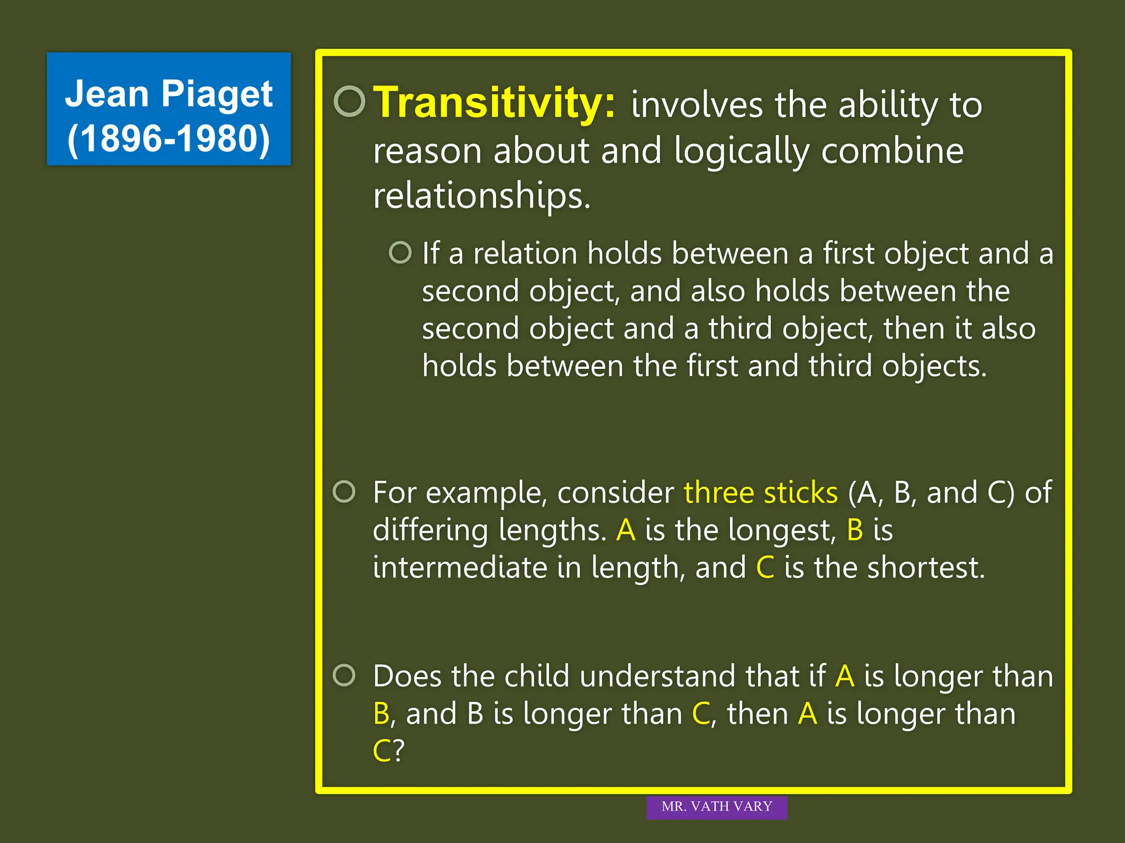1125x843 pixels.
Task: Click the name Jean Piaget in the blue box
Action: tap(169, 94)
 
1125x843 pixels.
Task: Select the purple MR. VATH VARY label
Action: tap(716, 807)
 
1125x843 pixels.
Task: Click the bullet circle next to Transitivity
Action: tap(349, 102)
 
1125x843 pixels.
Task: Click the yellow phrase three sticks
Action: tap(761, 492)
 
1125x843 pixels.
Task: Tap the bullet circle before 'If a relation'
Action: tap(400, 253)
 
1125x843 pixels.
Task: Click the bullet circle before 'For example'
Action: tap(344, 491)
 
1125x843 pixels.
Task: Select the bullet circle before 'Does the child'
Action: tap(344, 675)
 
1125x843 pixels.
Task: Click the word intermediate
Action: tap(460, 568)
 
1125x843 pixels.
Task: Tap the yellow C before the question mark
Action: tap(381, 751)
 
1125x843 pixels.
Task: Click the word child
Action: tap(537, 676)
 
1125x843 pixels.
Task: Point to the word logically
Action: tap(742, 151)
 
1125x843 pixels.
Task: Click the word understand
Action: tap(658, 676)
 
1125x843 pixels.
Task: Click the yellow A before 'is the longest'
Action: tap(626, 531)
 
